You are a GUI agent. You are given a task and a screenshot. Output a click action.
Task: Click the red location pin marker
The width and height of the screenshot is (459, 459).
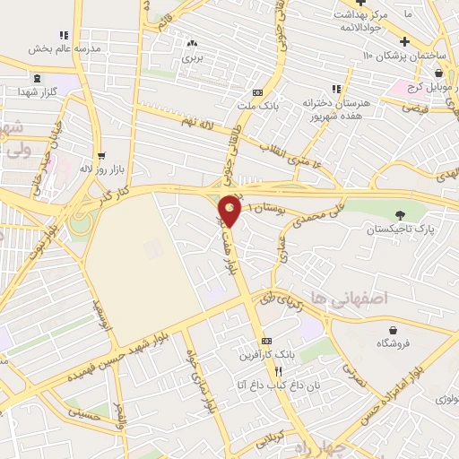tap(229, 211)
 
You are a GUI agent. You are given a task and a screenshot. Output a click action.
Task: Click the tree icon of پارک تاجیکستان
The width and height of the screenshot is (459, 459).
tap(401, 214)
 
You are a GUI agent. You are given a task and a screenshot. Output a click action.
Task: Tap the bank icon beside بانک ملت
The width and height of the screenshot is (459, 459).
tap(258, 91)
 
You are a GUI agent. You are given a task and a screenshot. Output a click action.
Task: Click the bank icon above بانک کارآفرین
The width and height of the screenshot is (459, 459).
tap(266, 342)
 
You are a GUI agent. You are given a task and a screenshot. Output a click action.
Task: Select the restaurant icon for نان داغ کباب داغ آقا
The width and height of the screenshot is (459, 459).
tap(278, 371)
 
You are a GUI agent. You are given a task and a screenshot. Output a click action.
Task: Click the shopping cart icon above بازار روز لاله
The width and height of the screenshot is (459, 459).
tap(100, 155)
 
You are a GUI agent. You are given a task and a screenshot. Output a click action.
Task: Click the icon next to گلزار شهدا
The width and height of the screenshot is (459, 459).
tap(22, 91)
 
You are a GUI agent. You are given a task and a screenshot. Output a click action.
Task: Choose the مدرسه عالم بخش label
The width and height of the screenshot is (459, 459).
tap(62, 48)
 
